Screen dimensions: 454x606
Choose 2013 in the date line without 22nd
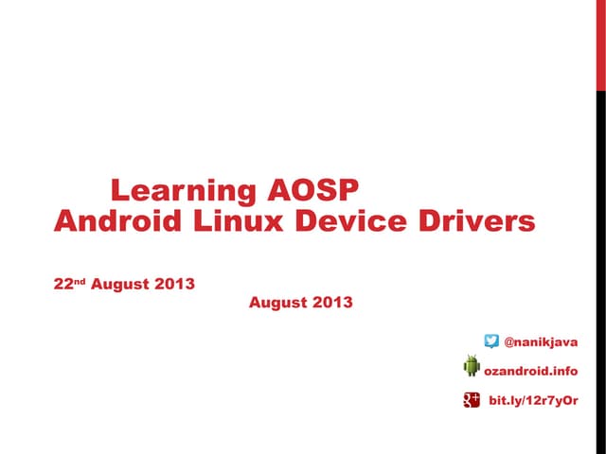(334, 303)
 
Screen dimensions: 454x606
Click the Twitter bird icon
(491, 340)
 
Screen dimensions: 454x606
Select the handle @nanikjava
(541, 341)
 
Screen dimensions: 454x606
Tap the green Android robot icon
(472, 366)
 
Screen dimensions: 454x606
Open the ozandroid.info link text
(530, 372)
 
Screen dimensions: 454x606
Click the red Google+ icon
(472, 401)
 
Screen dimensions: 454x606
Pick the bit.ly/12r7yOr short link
(533, 402)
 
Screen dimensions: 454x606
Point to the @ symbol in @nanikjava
(509, 341)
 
